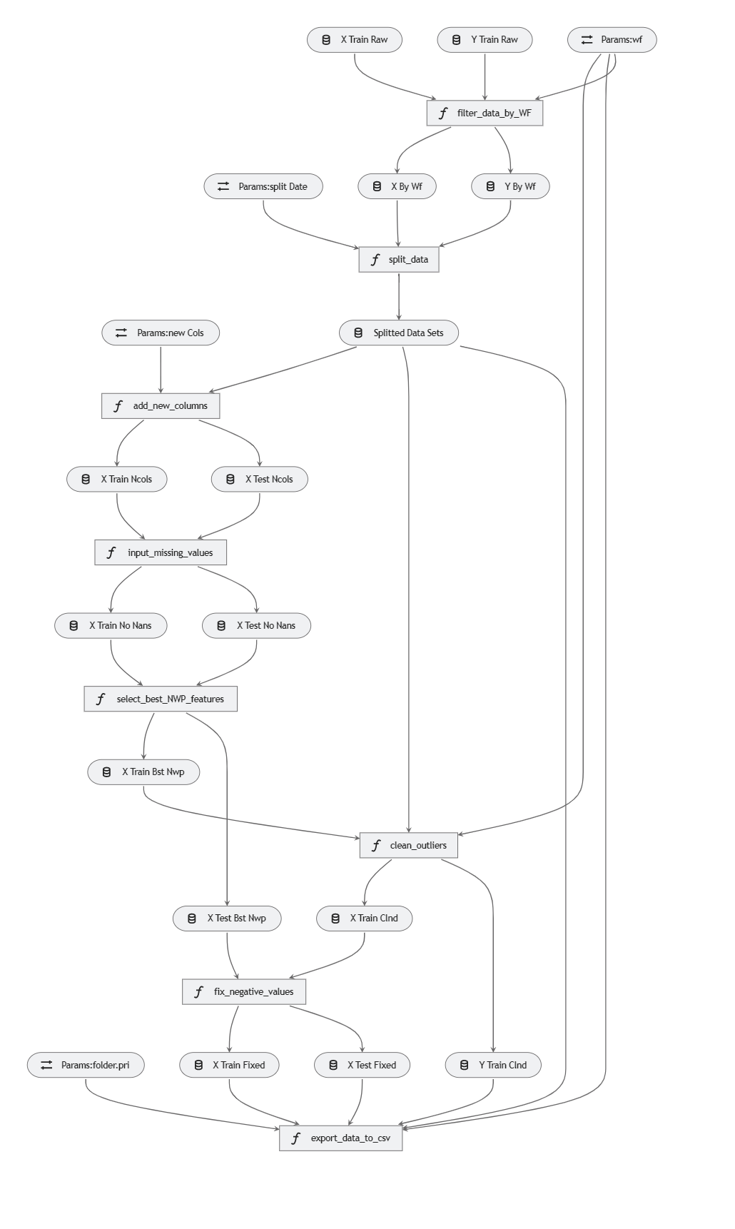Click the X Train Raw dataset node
click(355, 40)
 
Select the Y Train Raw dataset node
click(485, 40)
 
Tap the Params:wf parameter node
click(612, 40)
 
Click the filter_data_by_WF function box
click(485, 113)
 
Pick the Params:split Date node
click(263, 187)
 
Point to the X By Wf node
click(397, 187)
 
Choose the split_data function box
click(398, 260)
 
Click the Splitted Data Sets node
click(399, 333)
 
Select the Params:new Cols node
click(161, 333)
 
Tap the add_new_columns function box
click(161, 406)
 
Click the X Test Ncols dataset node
click(260, 480)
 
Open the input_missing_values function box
click(161, 552)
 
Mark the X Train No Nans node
click(111, 626)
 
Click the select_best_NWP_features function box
click(161, 699)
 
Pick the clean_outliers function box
click(408, 846)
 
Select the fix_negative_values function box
click(244, 992)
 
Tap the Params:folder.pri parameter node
click(86, 1066)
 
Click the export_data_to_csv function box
click(340, 1138)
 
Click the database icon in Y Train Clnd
click(464, 1066)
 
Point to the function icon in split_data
click(375, 260)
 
